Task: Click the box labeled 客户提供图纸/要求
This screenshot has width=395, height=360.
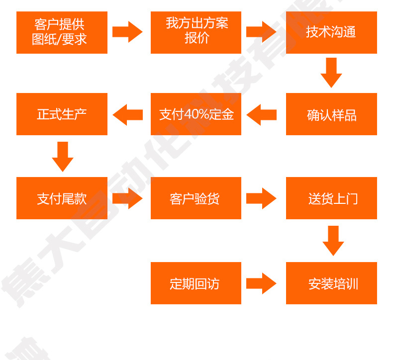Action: tap(62, 32)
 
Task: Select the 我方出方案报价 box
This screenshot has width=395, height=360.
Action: tap(196, 32)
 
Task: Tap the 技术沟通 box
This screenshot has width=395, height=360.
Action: tap(331, 32)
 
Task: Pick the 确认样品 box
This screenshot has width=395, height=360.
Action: tap(331, 114)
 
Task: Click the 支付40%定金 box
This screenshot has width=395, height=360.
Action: tap(196, 114)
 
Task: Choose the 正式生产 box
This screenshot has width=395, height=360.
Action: tap(62, 114)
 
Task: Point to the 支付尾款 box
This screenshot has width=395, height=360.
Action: tap(62, 198)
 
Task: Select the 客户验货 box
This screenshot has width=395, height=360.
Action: tap(196, 198)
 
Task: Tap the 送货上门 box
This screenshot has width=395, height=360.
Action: tap(331, 198)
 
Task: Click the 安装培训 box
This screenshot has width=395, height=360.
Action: tap(331, 283)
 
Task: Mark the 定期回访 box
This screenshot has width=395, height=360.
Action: tap(196, 283)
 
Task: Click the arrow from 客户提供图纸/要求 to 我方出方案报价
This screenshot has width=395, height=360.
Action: tap(127, 32)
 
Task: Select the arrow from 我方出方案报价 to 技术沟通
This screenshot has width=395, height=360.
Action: tap(261, 32)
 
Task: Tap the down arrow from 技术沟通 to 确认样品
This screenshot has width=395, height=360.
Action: tap(331, 73)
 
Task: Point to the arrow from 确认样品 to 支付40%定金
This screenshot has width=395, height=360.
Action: tap(261, 114)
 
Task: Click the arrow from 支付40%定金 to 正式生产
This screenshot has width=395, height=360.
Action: tap(127, 114)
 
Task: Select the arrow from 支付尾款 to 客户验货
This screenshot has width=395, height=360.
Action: tap(127, 198)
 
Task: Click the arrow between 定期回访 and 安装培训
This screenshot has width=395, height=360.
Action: tap(261, 283)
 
